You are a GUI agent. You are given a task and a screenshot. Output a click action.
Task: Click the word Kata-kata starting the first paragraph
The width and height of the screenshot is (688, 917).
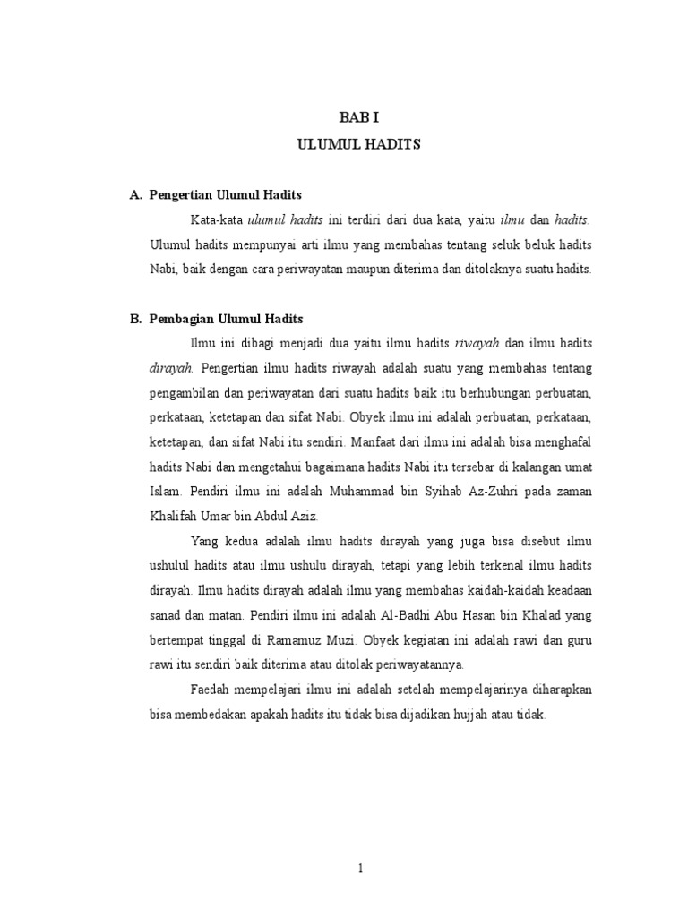tap(216, 219)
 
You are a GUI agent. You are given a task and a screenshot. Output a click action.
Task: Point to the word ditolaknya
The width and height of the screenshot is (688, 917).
tap(489, 270)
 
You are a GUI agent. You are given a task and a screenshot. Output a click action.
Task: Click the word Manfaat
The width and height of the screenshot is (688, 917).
tap(375, 441)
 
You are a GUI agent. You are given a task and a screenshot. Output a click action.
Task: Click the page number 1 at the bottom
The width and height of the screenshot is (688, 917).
tap(358, 868)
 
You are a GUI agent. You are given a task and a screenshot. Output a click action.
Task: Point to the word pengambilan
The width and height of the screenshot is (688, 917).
tap(185, 392)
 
